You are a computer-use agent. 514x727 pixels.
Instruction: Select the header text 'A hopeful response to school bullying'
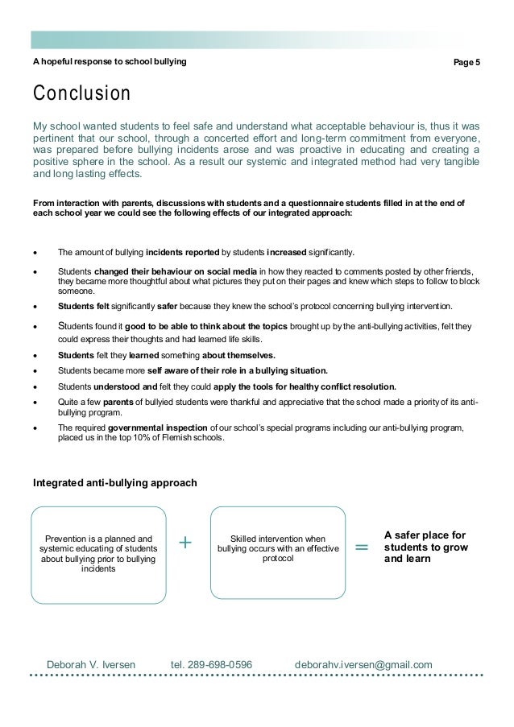[x=109, y=60]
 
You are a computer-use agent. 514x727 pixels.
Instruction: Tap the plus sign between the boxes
[x=186, y=543]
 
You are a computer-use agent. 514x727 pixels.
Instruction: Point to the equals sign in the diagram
[x=361, y=547]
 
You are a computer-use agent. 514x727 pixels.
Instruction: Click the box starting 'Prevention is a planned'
[x=98, y=553]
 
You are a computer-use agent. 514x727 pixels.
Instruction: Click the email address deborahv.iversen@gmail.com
[x=363, y=664]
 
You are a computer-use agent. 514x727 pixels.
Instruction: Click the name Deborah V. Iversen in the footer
[x=91, y=664]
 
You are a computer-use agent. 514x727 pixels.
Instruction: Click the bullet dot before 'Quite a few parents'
[x=35, y=402]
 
